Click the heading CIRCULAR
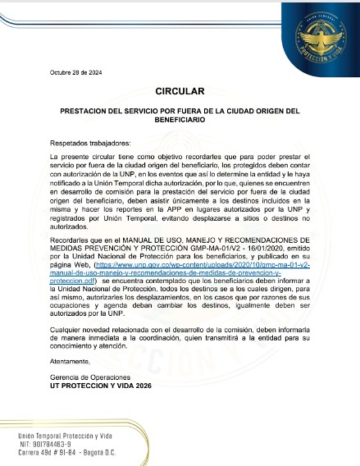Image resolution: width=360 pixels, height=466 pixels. click(179, 91)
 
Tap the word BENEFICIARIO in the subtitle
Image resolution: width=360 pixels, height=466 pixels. click(179, 120)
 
